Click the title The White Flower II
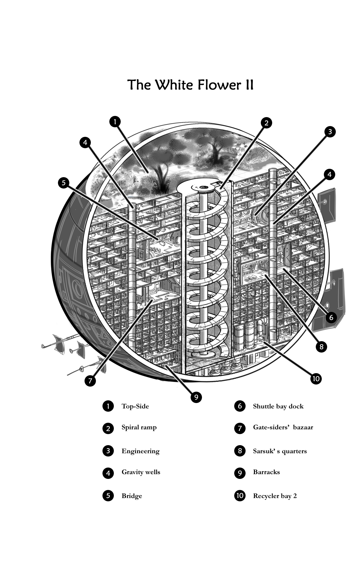191,85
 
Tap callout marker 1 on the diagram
115,122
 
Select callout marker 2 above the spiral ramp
266,123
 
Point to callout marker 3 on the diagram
330,132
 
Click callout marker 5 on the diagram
64,183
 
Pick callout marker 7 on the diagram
90,381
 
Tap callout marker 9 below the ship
196,397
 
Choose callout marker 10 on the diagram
316,379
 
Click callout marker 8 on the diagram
321,347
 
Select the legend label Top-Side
135,406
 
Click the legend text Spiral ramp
139,428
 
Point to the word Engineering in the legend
140,451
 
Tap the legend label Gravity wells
141,472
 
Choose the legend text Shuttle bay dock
278,406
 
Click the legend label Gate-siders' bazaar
283,427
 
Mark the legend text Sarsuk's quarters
280,451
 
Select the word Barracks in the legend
266,472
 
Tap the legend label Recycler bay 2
275,496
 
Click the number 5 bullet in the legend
108,496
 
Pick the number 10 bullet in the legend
240,496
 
